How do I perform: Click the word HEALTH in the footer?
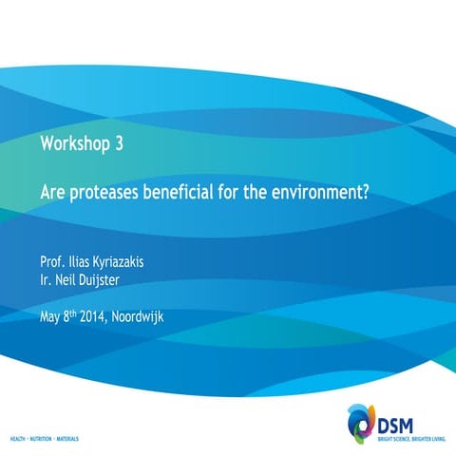(x=21, y=440)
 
